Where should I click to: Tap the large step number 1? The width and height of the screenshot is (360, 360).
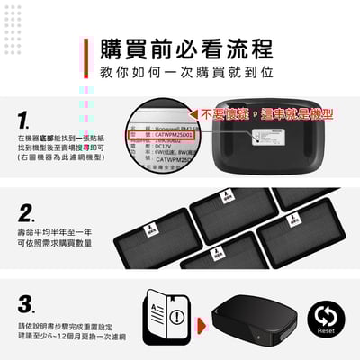[26, 119]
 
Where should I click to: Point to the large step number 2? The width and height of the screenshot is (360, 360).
[27, 213]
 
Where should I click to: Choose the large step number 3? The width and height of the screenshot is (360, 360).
[27, 303]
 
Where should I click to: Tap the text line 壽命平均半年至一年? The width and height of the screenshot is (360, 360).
[53, 231]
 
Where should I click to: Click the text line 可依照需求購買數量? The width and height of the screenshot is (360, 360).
[53, 243]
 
